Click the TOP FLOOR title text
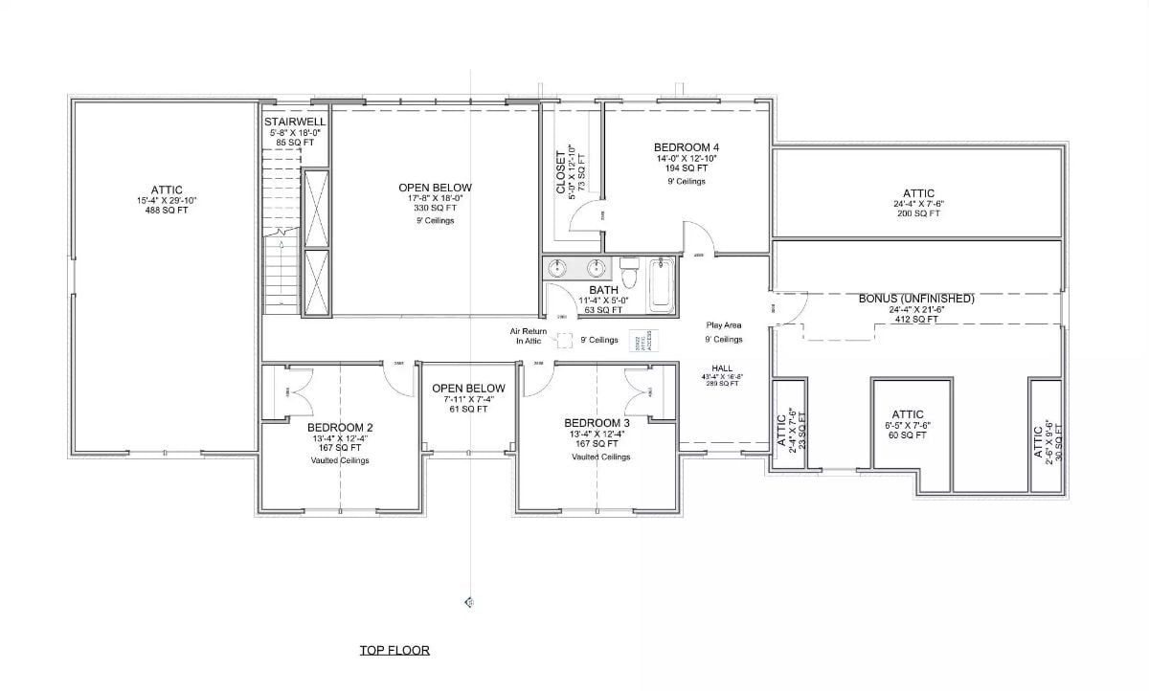(394, 651)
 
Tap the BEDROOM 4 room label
(687, 147)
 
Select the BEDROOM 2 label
(340, 427)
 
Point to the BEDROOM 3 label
(597, 423)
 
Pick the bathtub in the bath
(662, 284)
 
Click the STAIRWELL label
(295, 123)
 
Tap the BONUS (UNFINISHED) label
(916, 299)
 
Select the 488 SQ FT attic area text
(166, 212)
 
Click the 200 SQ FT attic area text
(917, 213)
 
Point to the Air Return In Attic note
(529, 335)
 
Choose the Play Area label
(724, 325)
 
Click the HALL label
(722, 368)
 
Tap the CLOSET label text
(561, 173)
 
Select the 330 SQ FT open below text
(435, 208)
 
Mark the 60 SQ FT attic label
(908, 435)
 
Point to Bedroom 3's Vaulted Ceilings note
(600, 457)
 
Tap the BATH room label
(603, 289)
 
